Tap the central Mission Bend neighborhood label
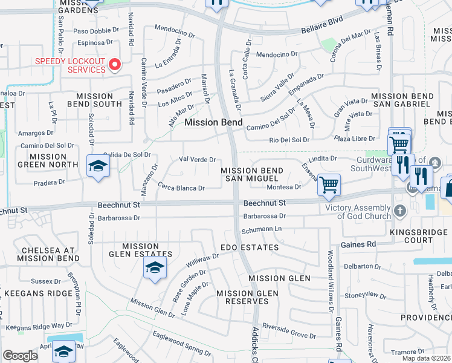point(213,122)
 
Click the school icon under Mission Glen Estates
point(155,269)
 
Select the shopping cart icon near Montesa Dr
point(329,185)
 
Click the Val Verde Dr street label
point(198,160)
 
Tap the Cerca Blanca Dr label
point(181,188)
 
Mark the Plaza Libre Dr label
point(355,140)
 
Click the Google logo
point(20,356)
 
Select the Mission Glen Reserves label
point(248,298)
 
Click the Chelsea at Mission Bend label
point(48,254)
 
